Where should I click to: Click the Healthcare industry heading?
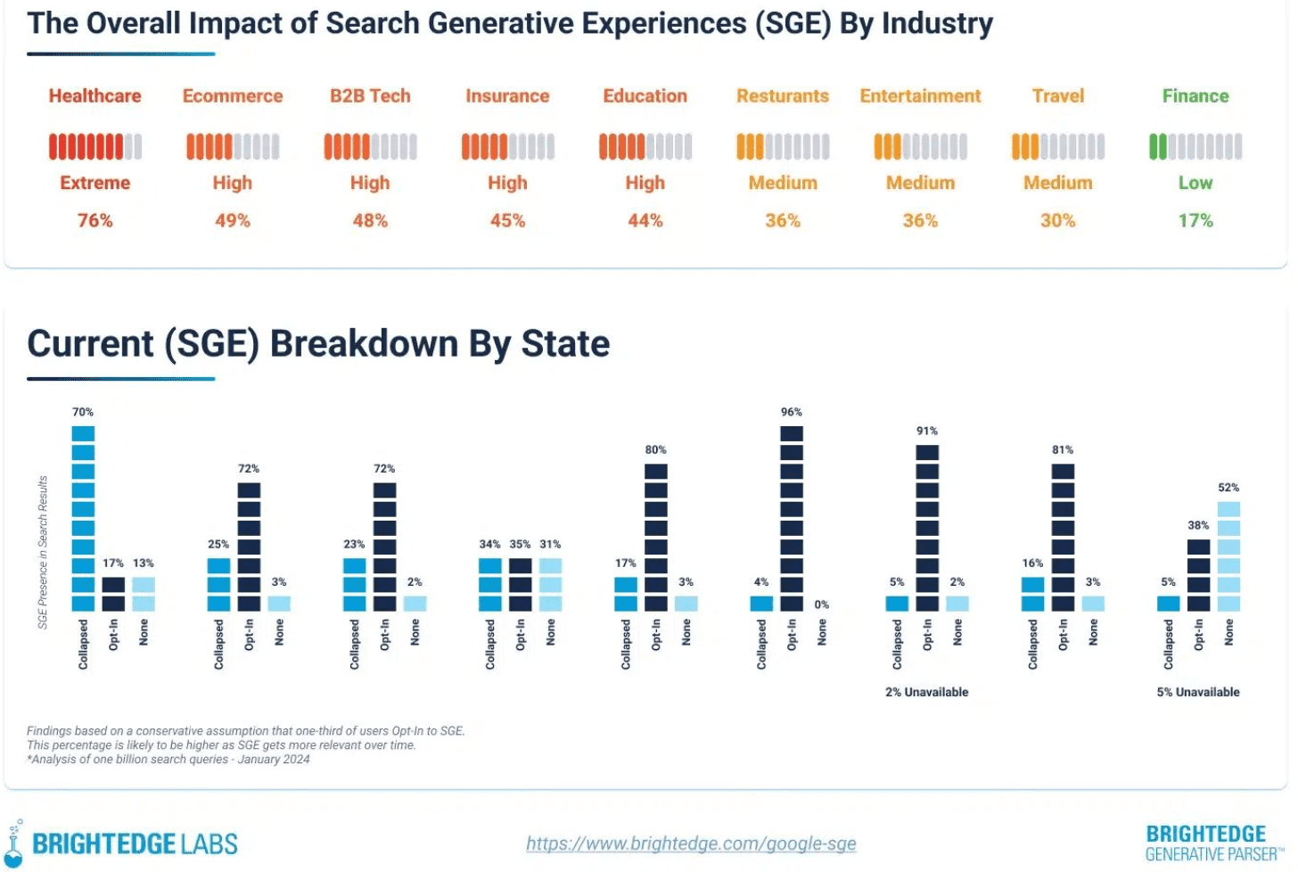[94, 96]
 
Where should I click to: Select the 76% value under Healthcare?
[94, 220]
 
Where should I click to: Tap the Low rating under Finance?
[1195, 183]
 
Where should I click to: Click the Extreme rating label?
[94, 183]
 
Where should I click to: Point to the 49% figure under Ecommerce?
[232, 220]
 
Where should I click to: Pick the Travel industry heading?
[1057, 96]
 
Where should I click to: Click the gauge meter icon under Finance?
[1195, 146]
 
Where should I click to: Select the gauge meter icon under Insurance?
[507, 146]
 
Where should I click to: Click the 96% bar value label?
[791, 412]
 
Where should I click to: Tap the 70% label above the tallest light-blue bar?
[83, 412]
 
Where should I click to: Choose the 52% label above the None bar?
[1228, 488]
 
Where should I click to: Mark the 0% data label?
[821, 605]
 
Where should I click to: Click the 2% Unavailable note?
[926, 692]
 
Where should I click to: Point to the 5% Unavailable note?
[1197, 692]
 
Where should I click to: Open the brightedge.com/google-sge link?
[691, 843]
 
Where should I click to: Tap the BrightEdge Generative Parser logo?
[1213, 843]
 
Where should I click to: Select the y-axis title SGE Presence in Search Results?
[43, 552]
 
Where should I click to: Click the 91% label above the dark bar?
[926, 431]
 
